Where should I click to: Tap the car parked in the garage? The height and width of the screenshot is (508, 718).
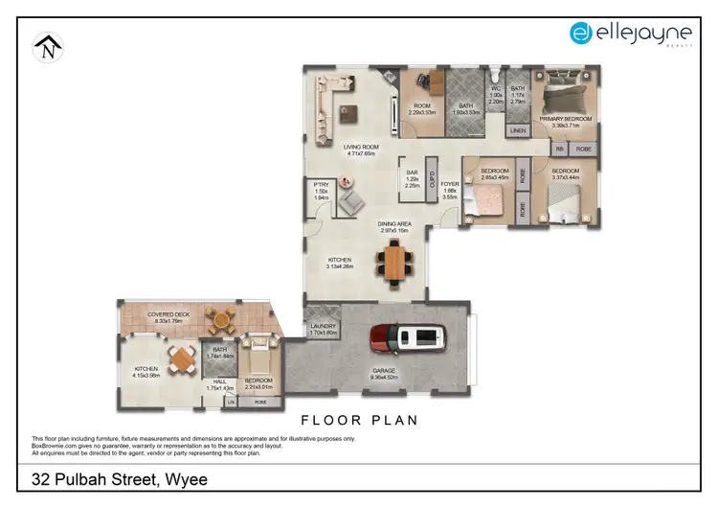[409, 338]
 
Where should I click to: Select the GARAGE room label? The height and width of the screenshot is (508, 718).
[383, 370]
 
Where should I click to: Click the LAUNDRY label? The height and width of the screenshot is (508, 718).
[323, 328]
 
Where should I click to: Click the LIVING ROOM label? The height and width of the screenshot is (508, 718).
[360, 147]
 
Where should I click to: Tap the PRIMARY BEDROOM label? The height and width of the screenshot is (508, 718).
[565, 119]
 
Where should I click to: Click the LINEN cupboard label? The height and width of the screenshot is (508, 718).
[517, 130]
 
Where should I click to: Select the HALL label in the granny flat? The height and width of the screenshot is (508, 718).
[220, 381]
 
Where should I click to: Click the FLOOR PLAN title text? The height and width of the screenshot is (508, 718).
[359, 420]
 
